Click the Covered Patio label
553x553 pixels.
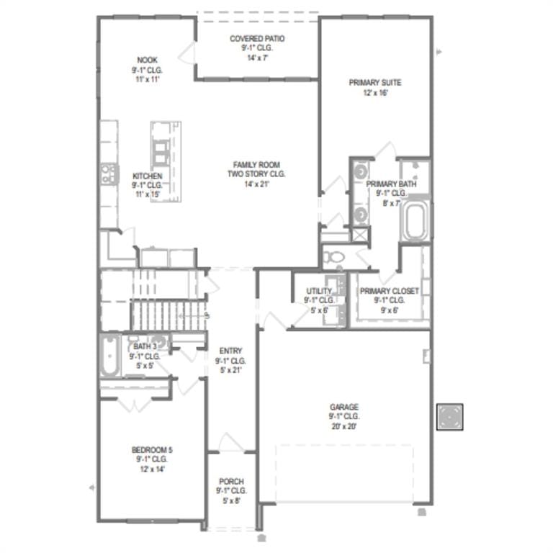[257, 38]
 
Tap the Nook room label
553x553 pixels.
[147, 60]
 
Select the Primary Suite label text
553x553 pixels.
[375, 83]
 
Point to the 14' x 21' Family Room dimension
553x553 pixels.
[257, 184]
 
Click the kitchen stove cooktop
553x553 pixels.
[109, 174]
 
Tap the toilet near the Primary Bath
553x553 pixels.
[333, 257]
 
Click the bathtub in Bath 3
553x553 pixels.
[109, 356]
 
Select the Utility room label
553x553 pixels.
[319, 291]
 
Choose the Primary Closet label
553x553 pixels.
[390, 291]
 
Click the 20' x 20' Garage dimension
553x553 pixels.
[344, 426]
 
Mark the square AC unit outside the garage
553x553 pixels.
[449, 417]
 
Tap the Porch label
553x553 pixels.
[231, 482]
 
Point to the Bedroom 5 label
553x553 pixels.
[152, 449]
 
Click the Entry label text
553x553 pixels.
[230, 351]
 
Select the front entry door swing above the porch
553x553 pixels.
[231, 442]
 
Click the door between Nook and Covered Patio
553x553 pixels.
[187, 53]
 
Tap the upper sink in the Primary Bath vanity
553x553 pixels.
[361, 171]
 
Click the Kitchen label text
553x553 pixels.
[148, 176]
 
